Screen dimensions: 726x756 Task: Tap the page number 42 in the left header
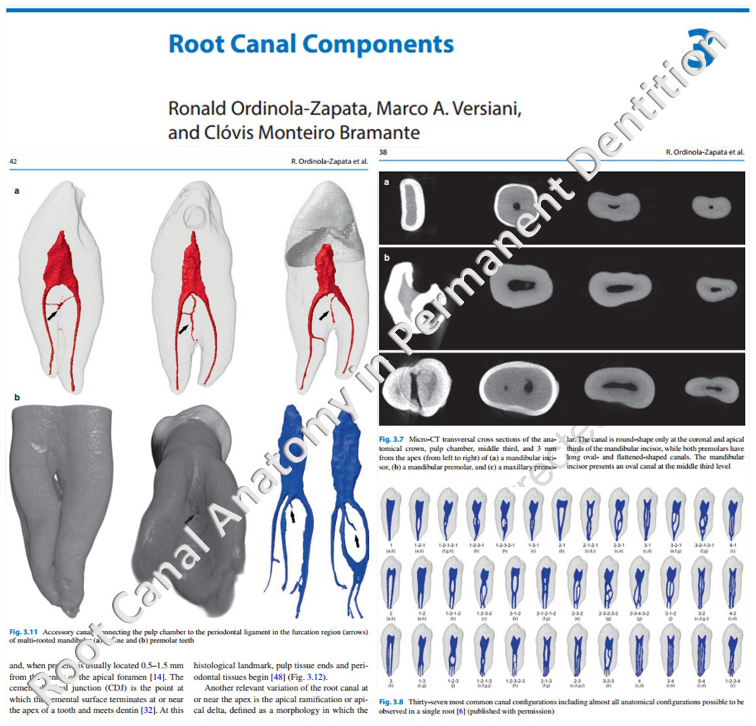click(x=13, y=160)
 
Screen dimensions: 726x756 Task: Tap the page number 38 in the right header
click(x=383, y=152)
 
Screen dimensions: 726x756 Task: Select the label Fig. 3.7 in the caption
click(x=392, y=439)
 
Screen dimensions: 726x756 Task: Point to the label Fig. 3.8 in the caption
click(x=392, y=702)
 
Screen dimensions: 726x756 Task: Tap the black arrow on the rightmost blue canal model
click(x=357, y=540)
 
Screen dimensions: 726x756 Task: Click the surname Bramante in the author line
click(x=379, y=132)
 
